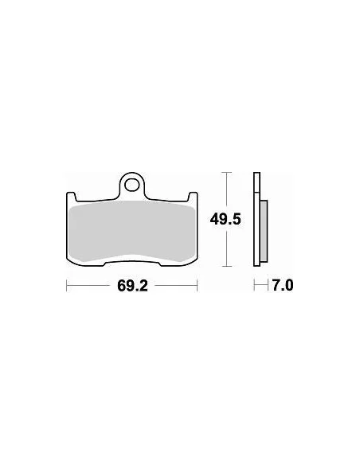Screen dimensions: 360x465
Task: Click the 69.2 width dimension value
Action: tap(132, 286)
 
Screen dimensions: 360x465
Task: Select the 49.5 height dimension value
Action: tap(225, 220)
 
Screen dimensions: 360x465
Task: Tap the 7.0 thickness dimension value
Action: tap(283, 286)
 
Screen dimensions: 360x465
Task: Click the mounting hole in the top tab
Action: tap(131, 186)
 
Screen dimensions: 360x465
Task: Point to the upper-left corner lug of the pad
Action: tap(71, 196)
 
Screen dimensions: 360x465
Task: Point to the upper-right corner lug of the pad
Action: tap(193, 196)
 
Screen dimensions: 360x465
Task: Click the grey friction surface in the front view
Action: tap(131, 231)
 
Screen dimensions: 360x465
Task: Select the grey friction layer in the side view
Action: tap(264, 231)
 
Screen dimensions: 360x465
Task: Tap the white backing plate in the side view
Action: tap(256, 219)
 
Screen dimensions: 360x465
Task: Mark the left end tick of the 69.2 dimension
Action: tap(67, 286)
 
